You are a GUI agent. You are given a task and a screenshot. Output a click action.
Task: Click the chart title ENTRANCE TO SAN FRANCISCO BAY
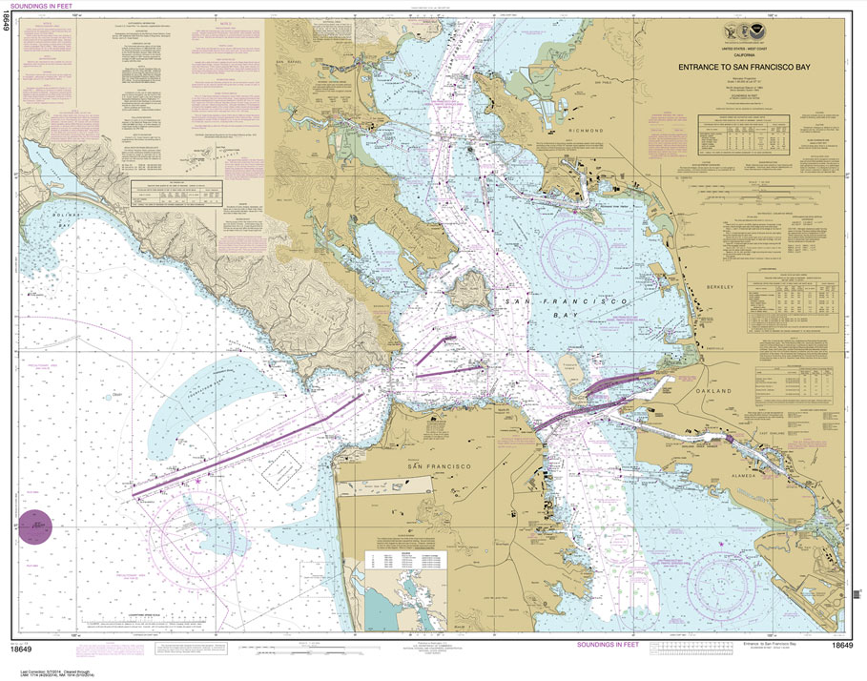coord(759,68)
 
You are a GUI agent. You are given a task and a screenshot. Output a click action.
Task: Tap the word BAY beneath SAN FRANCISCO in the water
coord(559,325)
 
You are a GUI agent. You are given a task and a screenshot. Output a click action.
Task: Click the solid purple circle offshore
coord(38,526)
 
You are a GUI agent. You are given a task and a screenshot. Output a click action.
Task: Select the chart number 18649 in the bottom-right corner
coord(840,646)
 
